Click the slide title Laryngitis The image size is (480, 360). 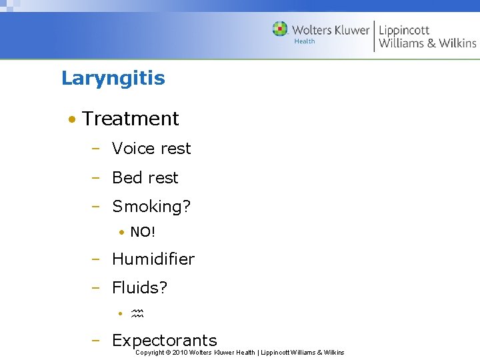[113, 79]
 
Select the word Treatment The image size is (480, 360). [130, 119]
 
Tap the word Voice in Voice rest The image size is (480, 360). [131, 149]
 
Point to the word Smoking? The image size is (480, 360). [151, 207]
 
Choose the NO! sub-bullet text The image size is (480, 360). [143, 233]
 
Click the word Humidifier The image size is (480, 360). [153, 259]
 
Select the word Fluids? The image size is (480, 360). [139, 288]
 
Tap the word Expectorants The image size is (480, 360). [164, 341]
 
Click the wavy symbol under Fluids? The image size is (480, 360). [137, 313]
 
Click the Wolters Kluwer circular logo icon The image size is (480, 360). [280, 29]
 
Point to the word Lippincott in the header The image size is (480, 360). [404, 30]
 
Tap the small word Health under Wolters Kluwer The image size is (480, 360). [305, 41]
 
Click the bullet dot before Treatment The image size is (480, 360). [70, 119]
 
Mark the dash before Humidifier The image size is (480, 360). [96, 259]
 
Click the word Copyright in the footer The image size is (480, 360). [149, 353]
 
